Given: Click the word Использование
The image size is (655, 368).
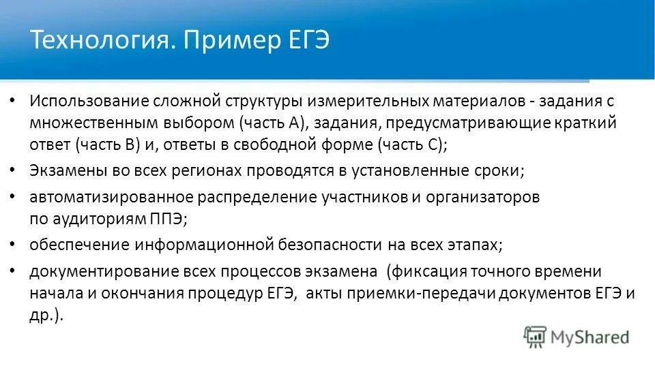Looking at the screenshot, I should [87, 101].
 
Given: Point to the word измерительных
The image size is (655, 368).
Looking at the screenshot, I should [366, 101].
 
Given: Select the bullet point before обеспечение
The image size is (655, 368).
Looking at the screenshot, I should [14, 243].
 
